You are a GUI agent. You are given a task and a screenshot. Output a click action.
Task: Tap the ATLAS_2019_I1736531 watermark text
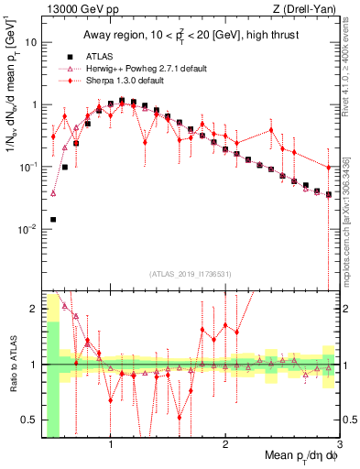(189, 274)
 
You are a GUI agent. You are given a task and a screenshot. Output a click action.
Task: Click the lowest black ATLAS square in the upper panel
(53, 220)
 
